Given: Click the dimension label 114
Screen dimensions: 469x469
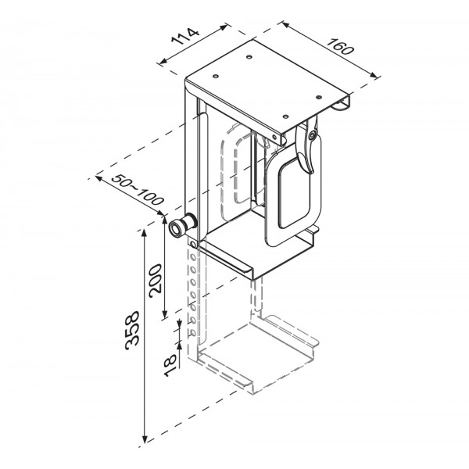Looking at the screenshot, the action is [x=185, y=36].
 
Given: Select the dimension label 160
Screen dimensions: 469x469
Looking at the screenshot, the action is [x=339, y=46].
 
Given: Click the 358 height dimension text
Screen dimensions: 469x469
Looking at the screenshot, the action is [x=132, y=331].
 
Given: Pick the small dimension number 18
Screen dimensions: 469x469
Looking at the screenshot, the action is [x=170, y=365].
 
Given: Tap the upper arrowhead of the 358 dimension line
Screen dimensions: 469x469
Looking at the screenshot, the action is [x=145, y=233].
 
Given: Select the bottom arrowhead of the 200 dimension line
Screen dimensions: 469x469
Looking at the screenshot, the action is [x=164, y=314].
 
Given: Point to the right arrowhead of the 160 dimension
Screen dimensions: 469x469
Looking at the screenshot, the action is [x=374, y=75].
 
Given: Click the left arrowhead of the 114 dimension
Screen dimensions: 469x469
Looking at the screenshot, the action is [x=163, y=62].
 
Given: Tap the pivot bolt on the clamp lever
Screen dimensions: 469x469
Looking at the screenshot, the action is [x=312, y=135].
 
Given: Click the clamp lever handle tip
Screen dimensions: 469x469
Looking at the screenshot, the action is [x=310, y=170].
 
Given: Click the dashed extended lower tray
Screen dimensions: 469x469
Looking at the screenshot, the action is [x=257, y=356].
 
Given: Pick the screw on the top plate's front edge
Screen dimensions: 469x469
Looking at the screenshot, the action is [x=274, y=137].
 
